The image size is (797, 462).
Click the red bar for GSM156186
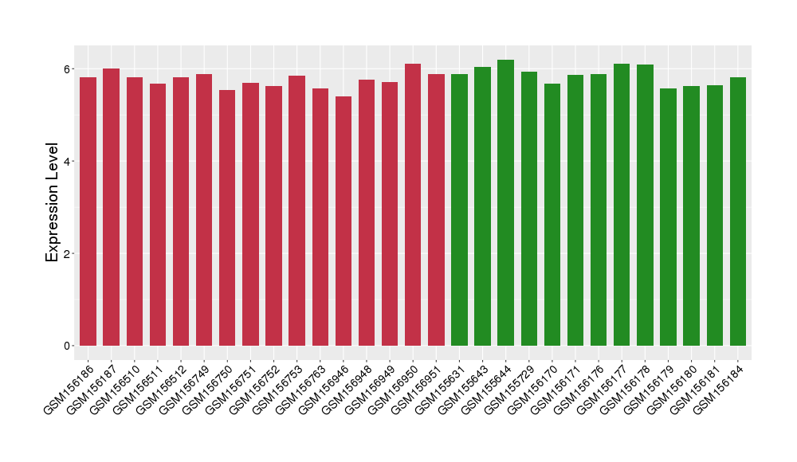pos(88,211)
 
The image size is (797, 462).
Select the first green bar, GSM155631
pos(459,209)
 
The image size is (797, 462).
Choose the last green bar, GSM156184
pos(738,211)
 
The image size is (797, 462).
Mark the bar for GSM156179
pos(668,217)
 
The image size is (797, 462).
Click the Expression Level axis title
pos(53,202)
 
